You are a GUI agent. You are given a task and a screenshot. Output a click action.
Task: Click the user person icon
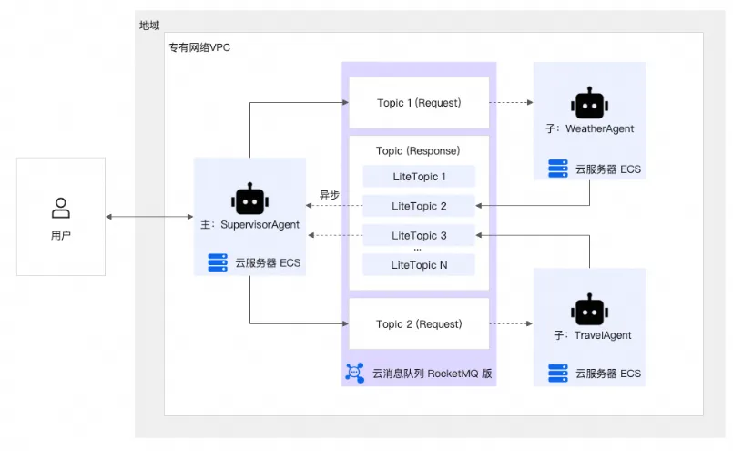pos(61,208)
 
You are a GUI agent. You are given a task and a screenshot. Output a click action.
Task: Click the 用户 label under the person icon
pos(61,235)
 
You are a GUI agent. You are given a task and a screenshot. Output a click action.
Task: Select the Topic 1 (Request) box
pos(419,103)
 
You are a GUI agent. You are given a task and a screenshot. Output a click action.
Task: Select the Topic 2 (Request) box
pos(419,323)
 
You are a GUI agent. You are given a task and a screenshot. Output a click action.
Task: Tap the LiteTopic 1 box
pos(419,176)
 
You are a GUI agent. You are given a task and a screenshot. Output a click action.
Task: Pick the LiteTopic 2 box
pos(419,206)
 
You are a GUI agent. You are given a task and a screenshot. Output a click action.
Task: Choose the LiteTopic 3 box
pos(419,235)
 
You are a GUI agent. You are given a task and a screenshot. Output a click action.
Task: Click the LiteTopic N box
pos(419,264)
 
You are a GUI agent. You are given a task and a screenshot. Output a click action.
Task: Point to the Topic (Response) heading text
pos(418,149)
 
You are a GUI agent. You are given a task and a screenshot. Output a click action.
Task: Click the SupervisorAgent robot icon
pos(249,198)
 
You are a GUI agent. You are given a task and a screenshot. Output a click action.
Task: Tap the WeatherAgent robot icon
pos(589,103)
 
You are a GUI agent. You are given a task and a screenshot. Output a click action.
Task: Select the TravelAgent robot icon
pos(589,309)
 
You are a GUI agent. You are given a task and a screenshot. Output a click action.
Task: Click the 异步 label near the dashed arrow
pos(329,195)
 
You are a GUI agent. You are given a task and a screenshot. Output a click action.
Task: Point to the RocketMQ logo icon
pos(354,373)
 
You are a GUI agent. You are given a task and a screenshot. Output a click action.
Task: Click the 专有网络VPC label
pos(199,47)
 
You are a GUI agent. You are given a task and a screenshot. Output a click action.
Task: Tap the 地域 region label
pos(149,25)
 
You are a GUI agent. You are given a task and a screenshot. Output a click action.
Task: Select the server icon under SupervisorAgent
pos(217,263)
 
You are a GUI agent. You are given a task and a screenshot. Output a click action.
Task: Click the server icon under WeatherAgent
pos(557,169)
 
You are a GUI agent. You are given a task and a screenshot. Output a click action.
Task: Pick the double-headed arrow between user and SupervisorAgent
pos(149,217)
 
